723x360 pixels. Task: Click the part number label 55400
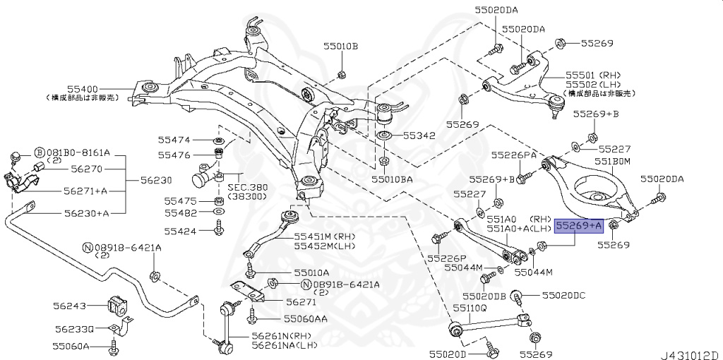(x=83, y=88)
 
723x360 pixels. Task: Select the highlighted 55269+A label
(x=578, y=226)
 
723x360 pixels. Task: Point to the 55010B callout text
(x=341, y=47)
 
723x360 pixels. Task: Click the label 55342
(x=419, y=135)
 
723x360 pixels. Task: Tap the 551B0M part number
(x=611, y=161)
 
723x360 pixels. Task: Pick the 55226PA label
(x=514, y=155)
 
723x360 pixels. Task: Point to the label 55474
(x=174, y=140)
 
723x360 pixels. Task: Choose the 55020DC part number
(x=564, y=296)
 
